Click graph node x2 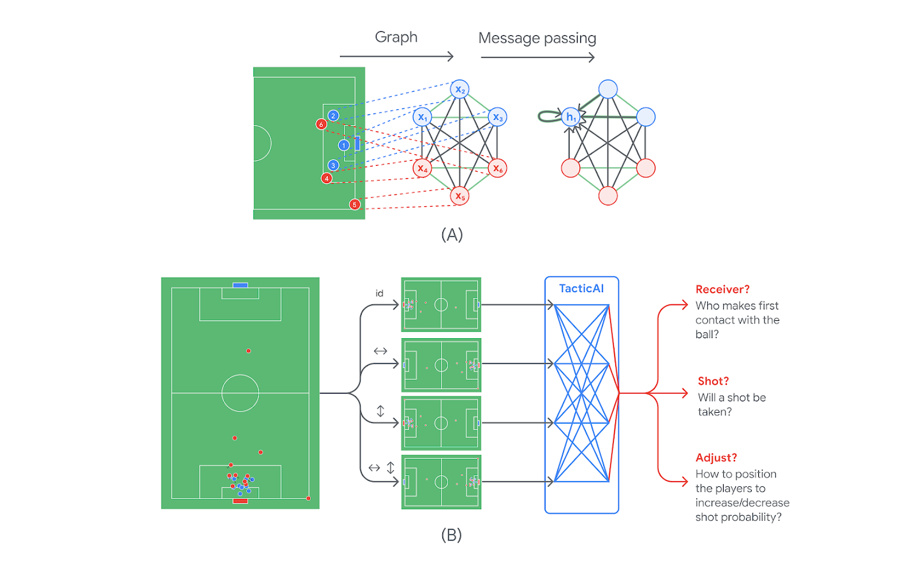459,89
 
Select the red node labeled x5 459,196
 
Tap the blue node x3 497,117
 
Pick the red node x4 422,168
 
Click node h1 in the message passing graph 571,117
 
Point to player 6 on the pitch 322,124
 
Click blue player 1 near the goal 344,145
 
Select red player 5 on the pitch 355,204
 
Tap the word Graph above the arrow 396,37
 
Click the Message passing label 537,38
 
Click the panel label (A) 452,235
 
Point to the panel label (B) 451,535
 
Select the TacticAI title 581,288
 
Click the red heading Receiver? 722,289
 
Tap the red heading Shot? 713,381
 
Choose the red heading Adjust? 716,458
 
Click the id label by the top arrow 379,294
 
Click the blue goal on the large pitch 240,285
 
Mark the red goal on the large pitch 240,501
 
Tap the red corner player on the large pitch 308,498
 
